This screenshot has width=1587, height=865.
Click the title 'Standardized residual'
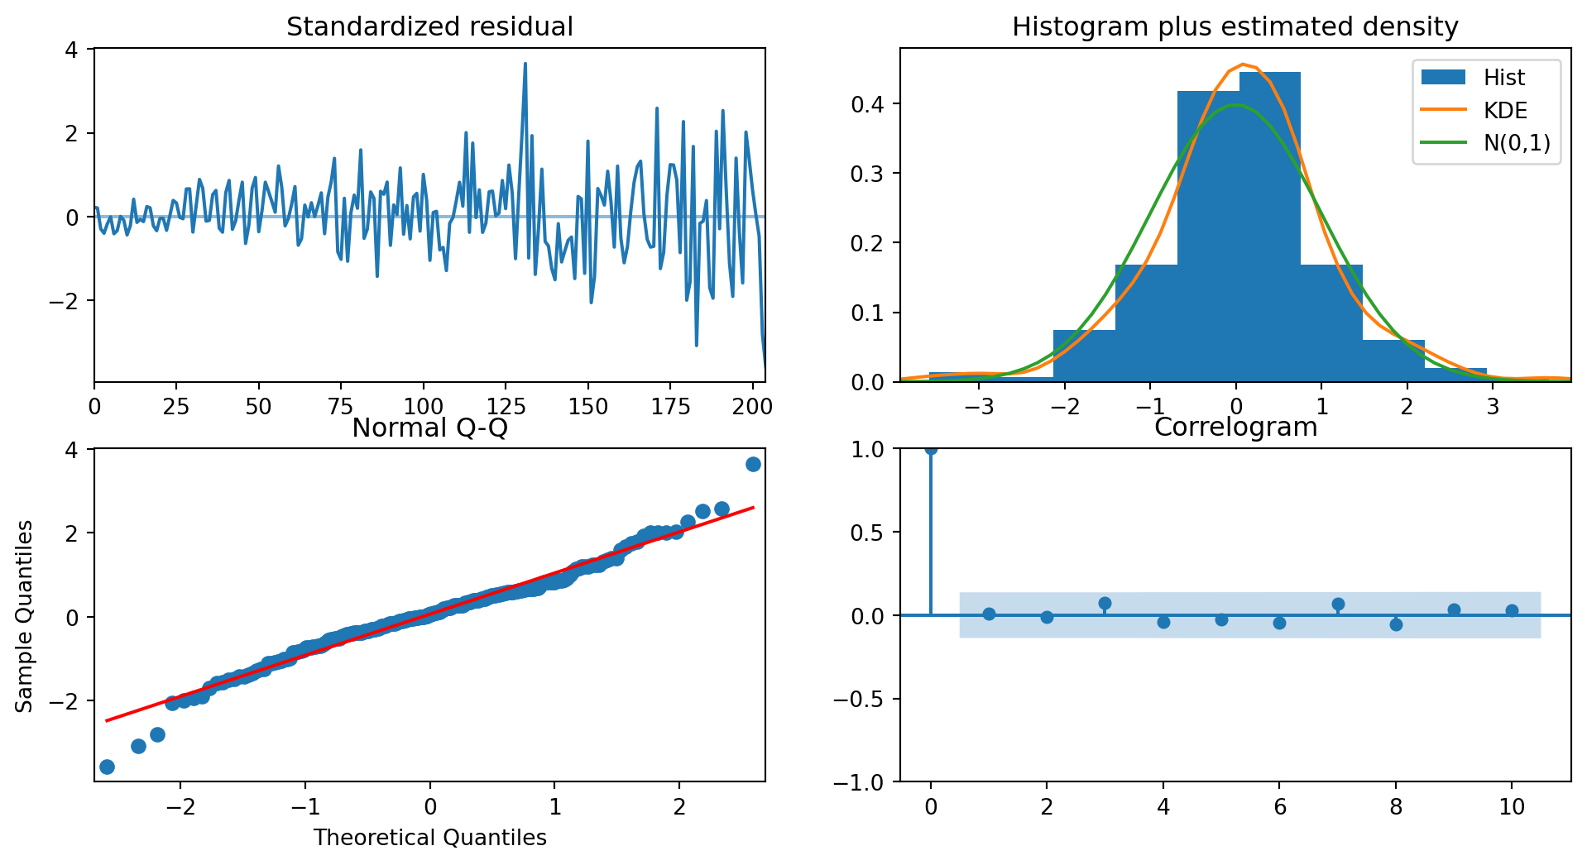tap(429, 27)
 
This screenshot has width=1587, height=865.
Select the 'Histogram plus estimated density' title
tap(1235, 27)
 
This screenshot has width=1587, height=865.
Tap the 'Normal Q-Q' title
tap(429, 428)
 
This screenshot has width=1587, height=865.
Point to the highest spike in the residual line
tap(525, 64)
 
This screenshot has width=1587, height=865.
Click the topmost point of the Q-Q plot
tap(753, 464)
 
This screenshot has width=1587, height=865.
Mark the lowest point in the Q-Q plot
tap(107, 767)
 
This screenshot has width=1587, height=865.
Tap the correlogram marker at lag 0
tap(931, 449)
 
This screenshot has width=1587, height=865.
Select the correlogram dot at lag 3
tap(1105, 604)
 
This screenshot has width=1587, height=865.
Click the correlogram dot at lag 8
tap(1396, 624)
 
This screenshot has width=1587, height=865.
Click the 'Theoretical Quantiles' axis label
tap(429, 838)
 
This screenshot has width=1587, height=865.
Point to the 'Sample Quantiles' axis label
tap(25, 616)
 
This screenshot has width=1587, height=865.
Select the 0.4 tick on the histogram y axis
tap(868, 104)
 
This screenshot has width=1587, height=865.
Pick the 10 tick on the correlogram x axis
tap(1512, 807)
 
